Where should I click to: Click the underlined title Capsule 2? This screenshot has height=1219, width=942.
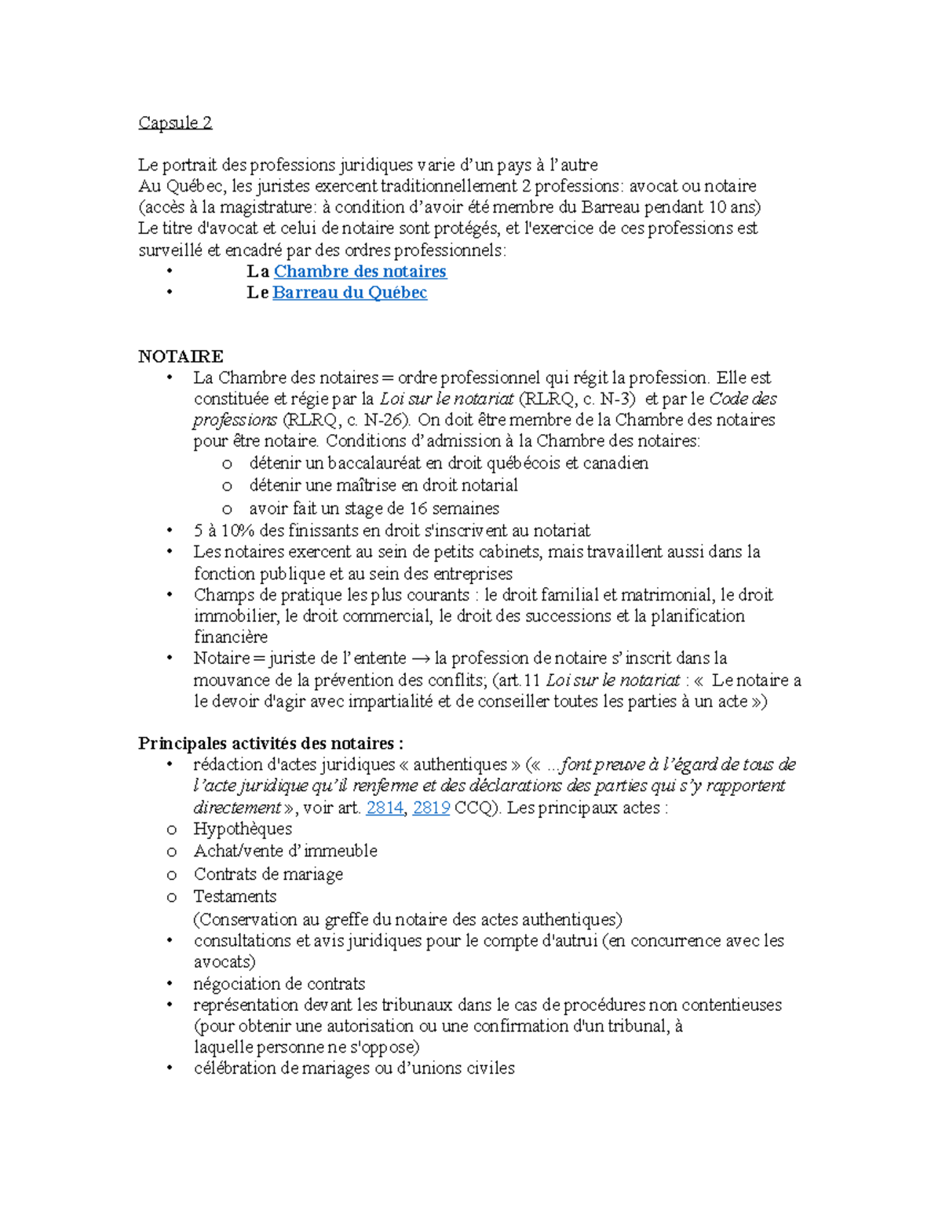(175, 122)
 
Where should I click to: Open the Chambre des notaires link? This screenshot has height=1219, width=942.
(360, 272)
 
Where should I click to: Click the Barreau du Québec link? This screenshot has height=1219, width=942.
(349, 293)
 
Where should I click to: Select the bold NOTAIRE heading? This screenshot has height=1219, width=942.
(181, 356)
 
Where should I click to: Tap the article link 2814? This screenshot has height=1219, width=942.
(385, 808)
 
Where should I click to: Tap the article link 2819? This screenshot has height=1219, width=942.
(431, 808)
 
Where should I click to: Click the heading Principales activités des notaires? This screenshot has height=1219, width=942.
(271, 743)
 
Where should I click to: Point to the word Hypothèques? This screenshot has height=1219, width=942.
(243, 829)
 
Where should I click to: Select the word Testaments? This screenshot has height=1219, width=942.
(235, 896)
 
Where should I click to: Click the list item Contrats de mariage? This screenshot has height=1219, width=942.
(268, 874)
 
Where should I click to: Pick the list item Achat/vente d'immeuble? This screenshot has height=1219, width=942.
(285, 851)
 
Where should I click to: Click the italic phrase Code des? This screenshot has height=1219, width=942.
(743, 399)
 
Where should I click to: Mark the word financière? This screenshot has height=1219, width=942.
(231, 637)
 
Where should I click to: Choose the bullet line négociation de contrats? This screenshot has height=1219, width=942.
(279, 984)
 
